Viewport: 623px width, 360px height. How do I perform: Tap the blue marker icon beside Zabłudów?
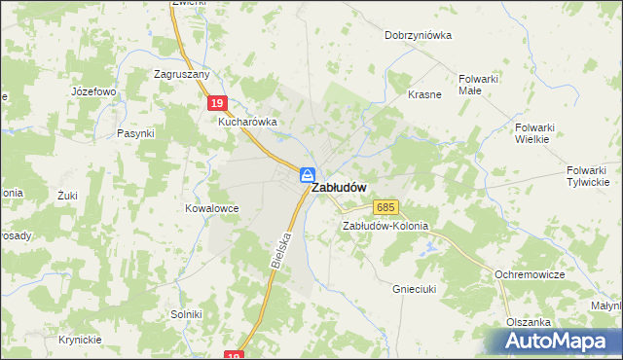[307, 175]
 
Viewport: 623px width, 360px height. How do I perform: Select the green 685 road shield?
[385, 207]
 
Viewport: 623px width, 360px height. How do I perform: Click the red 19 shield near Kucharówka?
[218, 102]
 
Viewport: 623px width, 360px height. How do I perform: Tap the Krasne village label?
[425, 94]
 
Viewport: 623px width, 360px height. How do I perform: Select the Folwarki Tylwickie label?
[588, 176]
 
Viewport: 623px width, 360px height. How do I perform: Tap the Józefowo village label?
[93, 91]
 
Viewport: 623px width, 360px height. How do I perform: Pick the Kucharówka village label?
[247, 123]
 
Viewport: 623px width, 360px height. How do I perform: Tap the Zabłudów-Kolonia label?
[385, 226]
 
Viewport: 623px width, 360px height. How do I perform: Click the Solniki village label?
[185, 314]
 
